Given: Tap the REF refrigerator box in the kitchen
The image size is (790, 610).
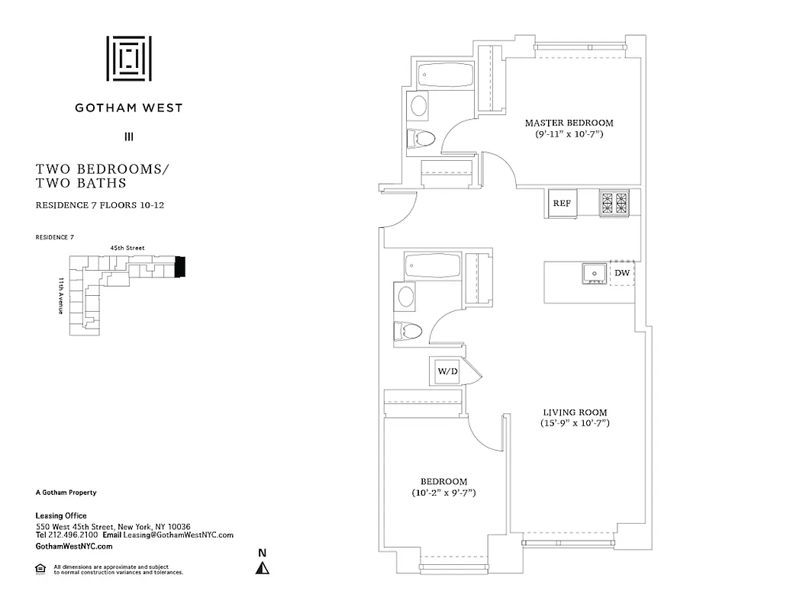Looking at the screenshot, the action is point(562,204).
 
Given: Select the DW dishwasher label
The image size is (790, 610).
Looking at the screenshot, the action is point(622,272).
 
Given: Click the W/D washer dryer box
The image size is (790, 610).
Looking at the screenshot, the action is point(447,371).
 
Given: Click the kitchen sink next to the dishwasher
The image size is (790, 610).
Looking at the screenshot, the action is point(592,272).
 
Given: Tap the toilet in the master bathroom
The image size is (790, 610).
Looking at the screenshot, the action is point(421,138).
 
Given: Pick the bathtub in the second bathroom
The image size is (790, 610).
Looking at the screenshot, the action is point(432,267).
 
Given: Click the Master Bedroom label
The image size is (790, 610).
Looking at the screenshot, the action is point(569,123).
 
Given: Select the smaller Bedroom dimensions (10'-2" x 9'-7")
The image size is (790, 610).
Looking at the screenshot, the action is point(443,493).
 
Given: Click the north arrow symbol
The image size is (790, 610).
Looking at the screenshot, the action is point(262,567).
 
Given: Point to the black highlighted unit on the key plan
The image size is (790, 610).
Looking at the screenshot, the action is point(180,266).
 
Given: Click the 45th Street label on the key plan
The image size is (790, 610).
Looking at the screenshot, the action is point(127,248).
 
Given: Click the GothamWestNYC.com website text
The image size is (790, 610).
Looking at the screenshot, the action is point(74,547).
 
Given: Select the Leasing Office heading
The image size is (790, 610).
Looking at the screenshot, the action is point(61,516).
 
